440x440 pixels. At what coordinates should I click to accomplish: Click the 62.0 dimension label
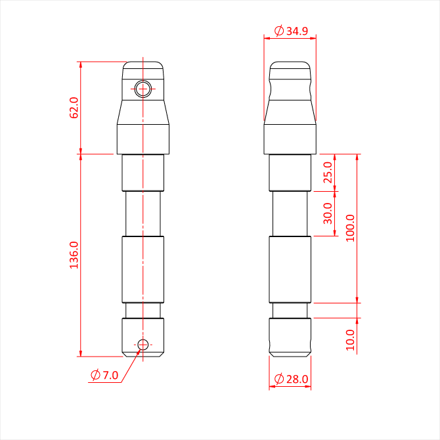point(74,108)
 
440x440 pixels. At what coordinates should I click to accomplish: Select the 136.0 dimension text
point(74,255)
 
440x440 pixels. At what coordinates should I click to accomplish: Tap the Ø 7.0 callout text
point(104,375)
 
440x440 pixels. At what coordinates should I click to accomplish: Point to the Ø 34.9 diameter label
point(291,31)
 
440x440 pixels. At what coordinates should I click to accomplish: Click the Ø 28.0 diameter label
point(291,379)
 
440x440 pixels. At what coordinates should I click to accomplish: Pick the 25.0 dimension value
point(328,172)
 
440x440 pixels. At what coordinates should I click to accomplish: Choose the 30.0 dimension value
point(328,213)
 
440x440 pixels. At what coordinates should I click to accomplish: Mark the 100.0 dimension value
point(350,228)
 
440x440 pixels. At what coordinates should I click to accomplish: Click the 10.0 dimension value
point(350,340)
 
